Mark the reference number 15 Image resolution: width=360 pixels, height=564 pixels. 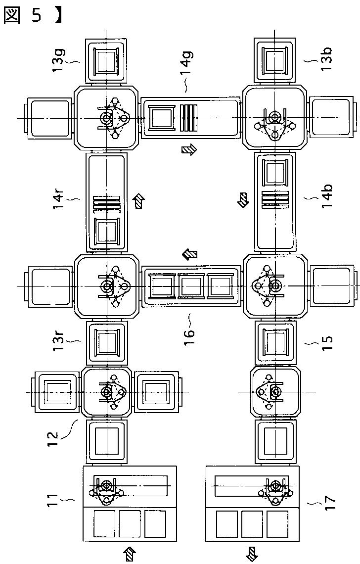326,340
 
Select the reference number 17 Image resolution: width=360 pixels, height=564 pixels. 326,501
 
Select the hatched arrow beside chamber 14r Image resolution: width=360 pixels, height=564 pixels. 140,200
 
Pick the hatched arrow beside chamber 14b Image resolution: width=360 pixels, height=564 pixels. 244,200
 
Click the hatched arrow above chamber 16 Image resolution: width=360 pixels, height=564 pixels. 189,254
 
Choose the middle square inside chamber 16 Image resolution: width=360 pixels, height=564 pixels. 190,286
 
